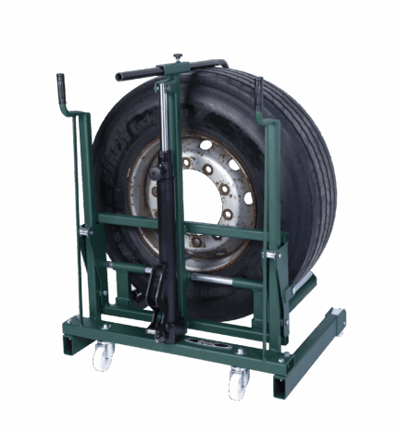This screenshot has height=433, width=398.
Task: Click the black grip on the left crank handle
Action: click(62, 92)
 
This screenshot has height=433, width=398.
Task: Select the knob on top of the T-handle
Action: click(177, 58)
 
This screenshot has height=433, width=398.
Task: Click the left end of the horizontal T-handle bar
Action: click(121, 76)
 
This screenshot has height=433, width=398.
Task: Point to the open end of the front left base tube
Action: click(69, 345)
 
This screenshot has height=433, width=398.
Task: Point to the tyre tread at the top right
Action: click(301, 120)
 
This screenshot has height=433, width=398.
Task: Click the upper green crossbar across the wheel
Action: click(185, 227)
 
